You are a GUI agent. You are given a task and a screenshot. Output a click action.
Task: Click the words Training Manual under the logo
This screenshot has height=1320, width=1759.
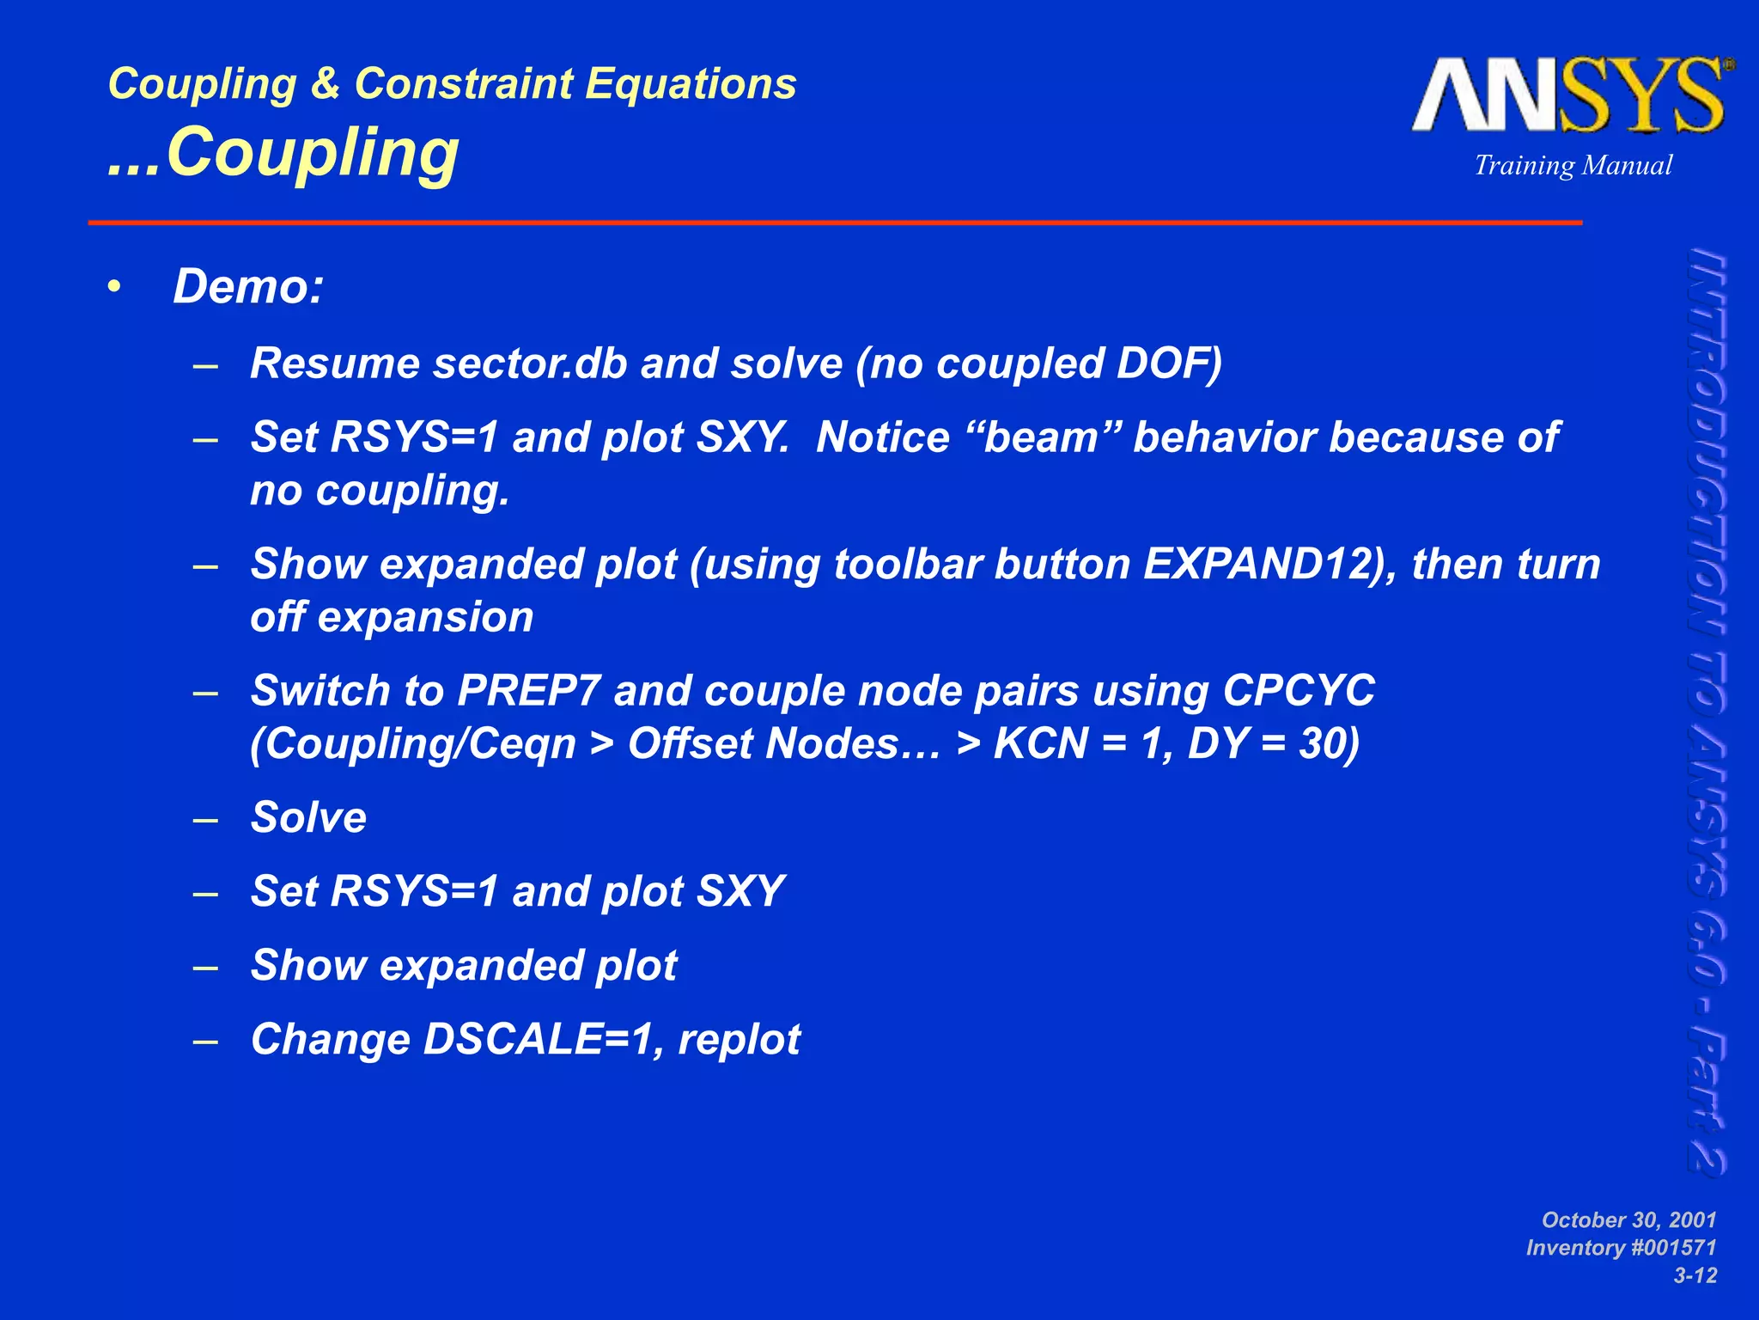pos(1573,165)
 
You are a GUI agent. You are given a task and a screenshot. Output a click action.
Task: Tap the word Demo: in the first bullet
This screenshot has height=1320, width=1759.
pos(248,286)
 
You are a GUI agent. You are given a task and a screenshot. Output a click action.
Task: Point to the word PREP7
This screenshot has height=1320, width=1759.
pos(527,691)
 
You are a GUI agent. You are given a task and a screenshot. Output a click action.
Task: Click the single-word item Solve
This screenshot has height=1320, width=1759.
pos(308,817)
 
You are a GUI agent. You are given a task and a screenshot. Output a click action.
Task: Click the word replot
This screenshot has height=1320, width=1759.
pos(740,1039)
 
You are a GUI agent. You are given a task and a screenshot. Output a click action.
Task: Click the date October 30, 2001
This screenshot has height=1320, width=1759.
pos(1628,1220)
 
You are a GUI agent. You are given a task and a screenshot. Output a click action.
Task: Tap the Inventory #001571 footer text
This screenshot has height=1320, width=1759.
pos(1621,1248)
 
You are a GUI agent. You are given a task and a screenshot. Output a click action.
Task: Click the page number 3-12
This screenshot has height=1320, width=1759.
pos(1695,1276)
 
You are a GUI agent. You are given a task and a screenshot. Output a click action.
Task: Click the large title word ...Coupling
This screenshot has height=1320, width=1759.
pos(284,153)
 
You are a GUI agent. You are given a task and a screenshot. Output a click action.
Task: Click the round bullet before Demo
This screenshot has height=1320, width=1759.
pos(115,287)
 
